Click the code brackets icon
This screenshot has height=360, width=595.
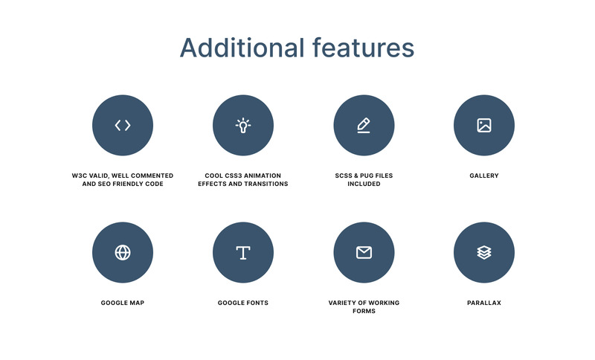click(123, 125)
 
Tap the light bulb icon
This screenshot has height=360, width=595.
click(243, 125)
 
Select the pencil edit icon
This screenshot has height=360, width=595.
click(364, 125)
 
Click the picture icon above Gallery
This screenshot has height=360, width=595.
click(484, 125)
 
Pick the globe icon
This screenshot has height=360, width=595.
click(123, 252)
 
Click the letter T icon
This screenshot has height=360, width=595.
click(243, 253)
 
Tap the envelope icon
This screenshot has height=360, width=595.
click(364, 252)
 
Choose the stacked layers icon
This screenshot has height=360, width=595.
click(484, 252)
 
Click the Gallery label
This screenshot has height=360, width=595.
click(484, 176)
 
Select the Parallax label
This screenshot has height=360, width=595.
click(484, 303)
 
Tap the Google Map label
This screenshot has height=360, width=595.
click(123, 303)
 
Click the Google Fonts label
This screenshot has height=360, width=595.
click(243, 303)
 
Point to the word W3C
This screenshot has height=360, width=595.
click(80, 176)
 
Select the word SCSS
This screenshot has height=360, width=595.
click(345, 176)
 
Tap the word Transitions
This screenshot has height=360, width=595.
click(266, 184)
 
